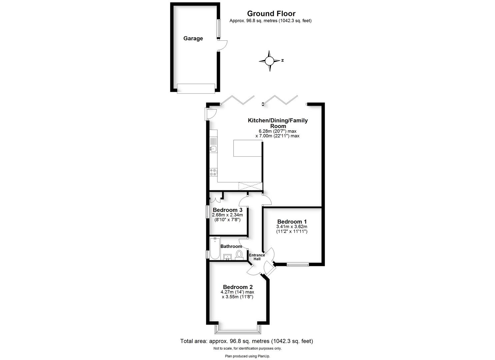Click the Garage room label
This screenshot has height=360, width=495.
click(193, 38)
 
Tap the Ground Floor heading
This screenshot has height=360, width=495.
click(271, 14)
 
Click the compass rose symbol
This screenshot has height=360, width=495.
click(269, 61)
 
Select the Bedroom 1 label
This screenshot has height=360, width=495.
click(292, 222)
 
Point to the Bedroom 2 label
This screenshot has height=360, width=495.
click(238, 287)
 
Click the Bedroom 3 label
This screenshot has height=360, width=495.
click(227, 210)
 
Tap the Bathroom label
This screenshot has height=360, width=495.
click(231, 246)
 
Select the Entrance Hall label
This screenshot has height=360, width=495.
click(257, 257)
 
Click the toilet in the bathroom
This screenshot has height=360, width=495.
click(239, 254)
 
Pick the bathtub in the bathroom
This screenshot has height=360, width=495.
click(214, 248)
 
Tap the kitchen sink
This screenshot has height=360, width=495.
click(213, 149)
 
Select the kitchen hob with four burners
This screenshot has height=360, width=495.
click(213, 172)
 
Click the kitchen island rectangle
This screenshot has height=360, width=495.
click(247, 148)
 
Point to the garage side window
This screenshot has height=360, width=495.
click(219, 29)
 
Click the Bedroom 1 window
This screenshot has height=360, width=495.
click(298, 265)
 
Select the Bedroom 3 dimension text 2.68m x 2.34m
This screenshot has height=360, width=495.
click(227, 215)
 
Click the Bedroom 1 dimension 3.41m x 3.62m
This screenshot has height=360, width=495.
click(292, 227)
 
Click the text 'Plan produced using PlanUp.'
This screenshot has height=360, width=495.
click(247, 356)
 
